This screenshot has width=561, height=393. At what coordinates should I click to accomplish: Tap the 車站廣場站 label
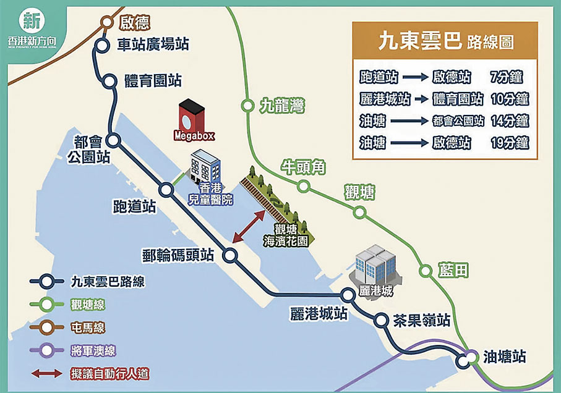153,44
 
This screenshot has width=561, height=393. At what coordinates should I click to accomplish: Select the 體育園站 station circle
110,80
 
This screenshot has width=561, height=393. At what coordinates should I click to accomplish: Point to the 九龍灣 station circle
247,106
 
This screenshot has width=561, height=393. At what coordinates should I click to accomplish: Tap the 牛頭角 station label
304,166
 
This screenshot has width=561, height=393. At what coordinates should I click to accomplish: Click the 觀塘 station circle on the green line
359,212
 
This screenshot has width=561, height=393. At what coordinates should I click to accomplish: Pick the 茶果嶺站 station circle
380,319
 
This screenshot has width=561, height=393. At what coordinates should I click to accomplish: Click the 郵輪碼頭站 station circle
231,255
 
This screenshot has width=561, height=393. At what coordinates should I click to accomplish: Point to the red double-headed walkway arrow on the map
250,226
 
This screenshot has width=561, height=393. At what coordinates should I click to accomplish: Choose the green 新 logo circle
31,20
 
